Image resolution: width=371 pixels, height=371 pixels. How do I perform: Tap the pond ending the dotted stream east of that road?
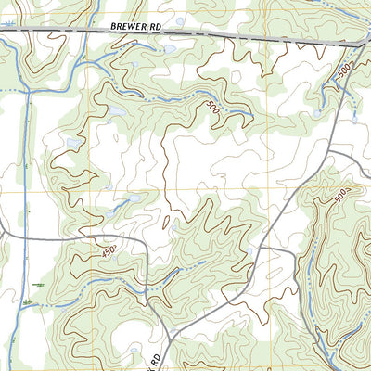click(x=320, y=112)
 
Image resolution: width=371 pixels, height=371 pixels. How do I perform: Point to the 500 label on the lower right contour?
click(x=341, y=197)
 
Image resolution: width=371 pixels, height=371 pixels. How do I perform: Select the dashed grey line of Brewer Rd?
click(x=232, y=34)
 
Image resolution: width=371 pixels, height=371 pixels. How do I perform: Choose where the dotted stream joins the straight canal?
click(x=26, y=91)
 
